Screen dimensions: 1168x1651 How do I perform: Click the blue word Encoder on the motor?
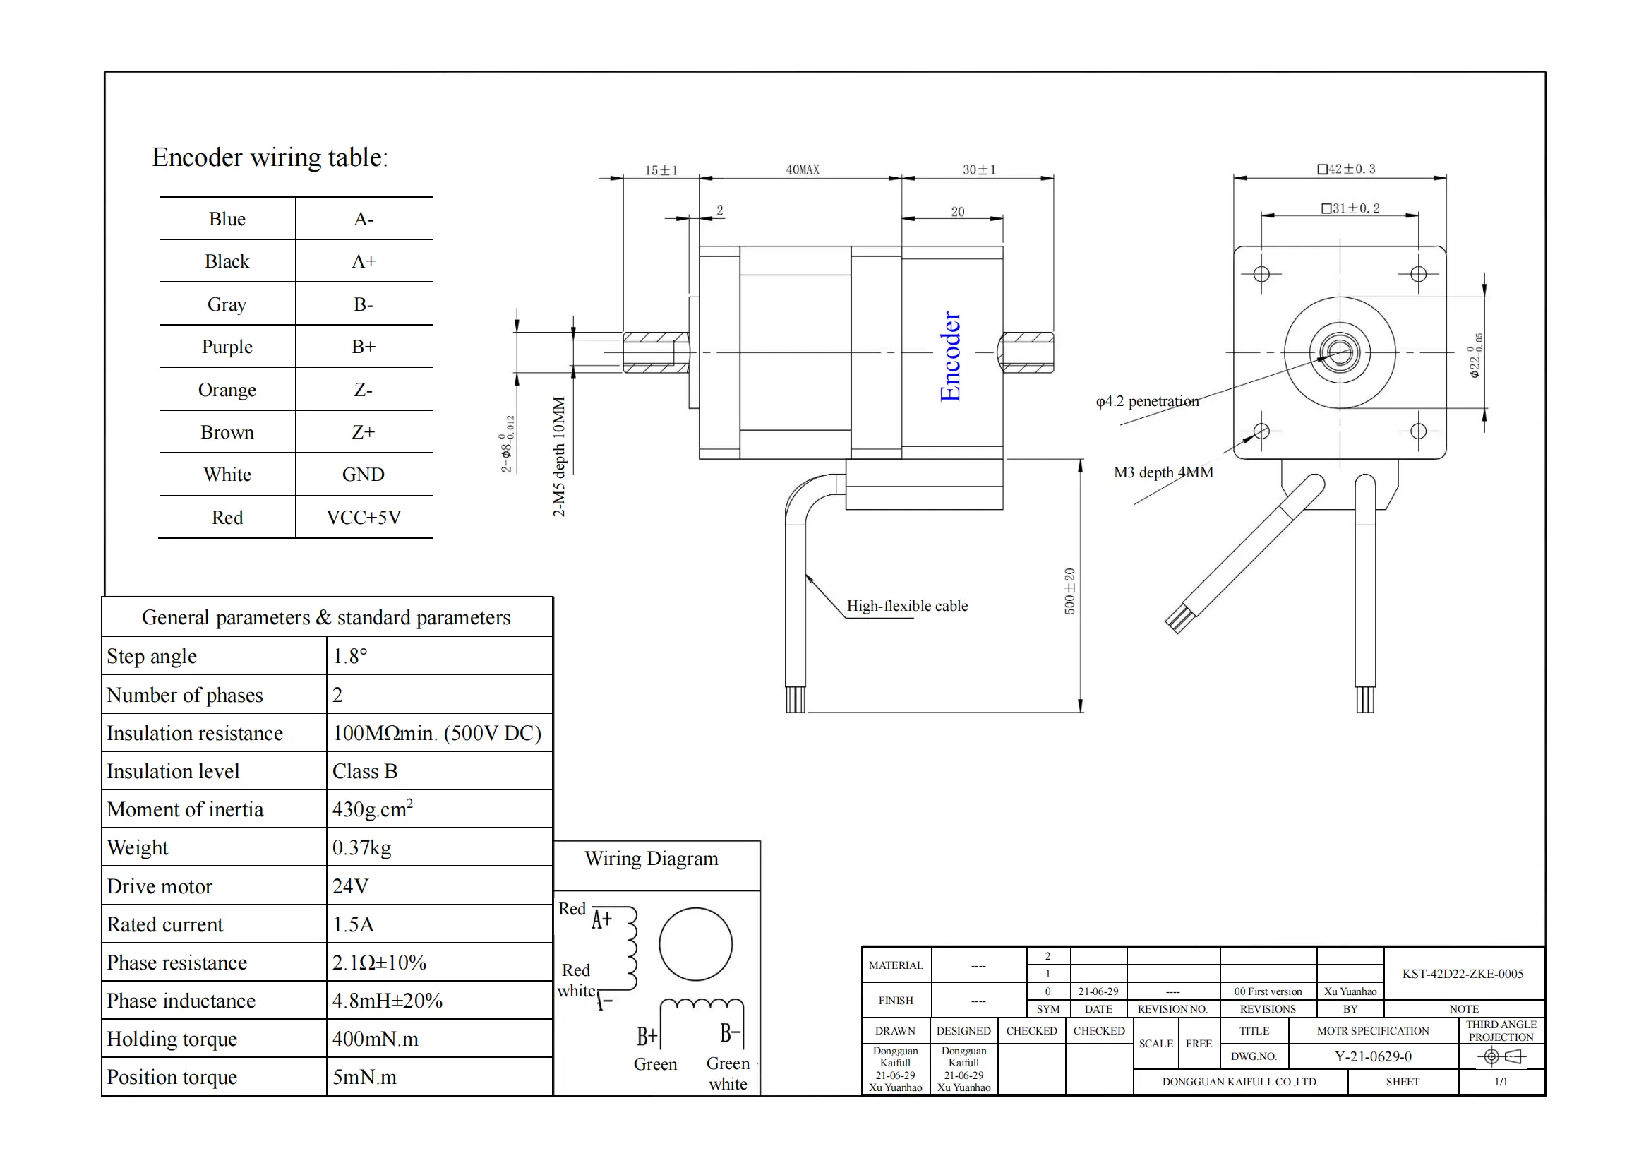point(950,356)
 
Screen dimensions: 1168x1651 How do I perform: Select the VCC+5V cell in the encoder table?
point(363,517)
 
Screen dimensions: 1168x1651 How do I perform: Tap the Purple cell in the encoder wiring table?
point(227,347)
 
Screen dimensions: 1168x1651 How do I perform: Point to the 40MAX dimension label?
point(803,169)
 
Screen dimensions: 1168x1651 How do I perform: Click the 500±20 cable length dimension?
point(1070,591)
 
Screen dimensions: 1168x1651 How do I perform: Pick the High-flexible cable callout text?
point(907,606)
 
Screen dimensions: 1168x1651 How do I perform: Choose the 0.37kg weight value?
point(361,847)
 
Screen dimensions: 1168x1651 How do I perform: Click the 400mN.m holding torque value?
point(376,1039)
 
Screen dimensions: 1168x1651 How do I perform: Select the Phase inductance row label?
point(181,1001)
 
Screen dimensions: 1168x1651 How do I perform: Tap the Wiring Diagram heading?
point(652,858)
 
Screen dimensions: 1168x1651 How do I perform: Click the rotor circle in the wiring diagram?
point(695,943)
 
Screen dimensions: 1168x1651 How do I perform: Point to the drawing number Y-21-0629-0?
point(1373,1056)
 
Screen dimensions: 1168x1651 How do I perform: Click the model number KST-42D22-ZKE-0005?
point(1463,973)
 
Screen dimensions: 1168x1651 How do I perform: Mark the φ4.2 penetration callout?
point(1148,401)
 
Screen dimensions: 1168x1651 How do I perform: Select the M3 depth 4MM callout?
point(1163,472)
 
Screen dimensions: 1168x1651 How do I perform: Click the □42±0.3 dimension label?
point(1346,169)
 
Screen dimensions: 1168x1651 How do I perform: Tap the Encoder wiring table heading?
point(270,157)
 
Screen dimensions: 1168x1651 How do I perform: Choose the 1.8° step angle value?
point(350,656)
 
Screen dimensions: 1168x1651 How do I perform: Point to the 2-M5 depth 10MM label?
point(559,457)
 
